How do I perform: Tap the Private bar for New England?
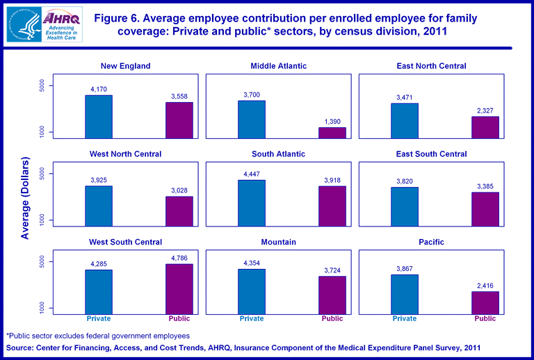tap(99, 116)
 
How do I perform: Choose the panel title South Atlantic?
tap(278, 154)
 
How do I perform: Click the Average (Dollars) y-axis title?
tap(26, 199)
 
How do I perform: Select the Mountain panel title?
tap(278, 243)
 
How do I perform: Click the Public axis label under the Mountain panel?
tap(332, 319)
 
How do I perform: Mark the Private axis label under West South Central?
tap(99, 319)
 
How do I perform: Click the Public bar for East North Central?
tap(485, 127)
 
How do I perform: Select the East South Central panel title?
tap(431, 154)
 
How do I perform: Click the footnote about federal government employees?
tap(98, 336)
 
